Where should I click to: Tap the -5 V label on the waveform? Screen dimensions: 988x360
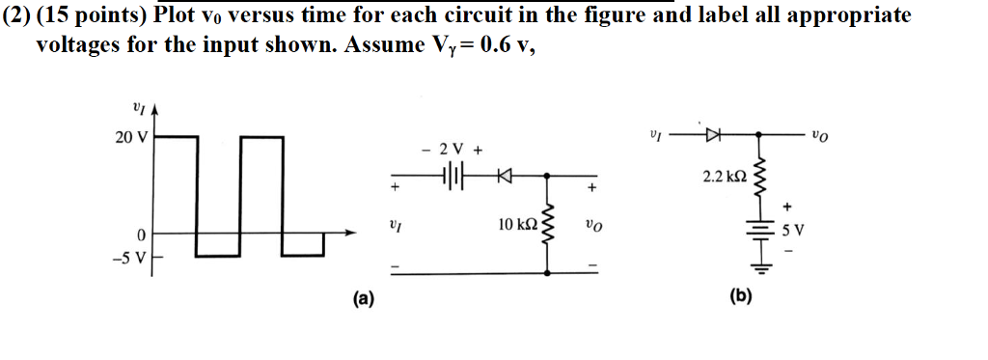coord(127,257)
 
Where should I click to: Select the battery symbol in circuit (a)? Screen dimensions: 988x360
coord(452,176)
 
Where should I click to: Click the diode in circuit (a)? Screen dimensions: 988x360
coord(503,176)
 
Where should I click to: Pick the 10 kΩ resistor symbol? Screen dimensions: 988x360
coord(549,225)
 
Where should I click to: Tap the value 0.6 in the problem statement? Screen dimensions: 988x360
coord(490,44)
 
